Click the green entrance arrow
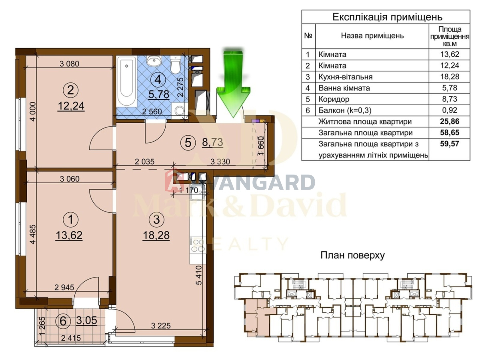click(x=233, y=83)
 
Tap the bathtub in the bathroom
click(x=127, y=81)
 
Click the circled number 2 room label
click(x=70, y=90)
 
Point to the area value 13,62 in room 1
click(x=69, y=235)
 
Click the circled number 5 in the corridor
click(x=188, y=143)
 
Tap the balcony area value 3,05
click(x=87, y=320)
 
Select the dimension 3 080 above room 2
click(x=69, y=64)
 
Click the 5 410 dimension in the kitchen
click(x=199, y=275)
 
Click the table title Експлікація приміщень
click(x=387, y=17)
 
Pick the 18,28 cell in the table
click(x=450, y=77)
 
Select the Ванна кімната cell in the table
click(x=344, y=88)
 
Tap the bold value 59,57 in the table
click(x=450, y=144)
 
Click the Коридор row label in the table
click(x=334, y=99)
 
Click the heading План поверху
click(x=352, y=255)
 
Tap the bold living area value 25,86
click(x=450, y=121)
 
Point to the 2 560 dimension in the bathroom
click(x=152, y=112)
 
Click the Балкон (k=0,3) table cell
click(x=345, y=110)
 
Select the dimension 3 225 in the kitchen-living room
click(x=161, y=326)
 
